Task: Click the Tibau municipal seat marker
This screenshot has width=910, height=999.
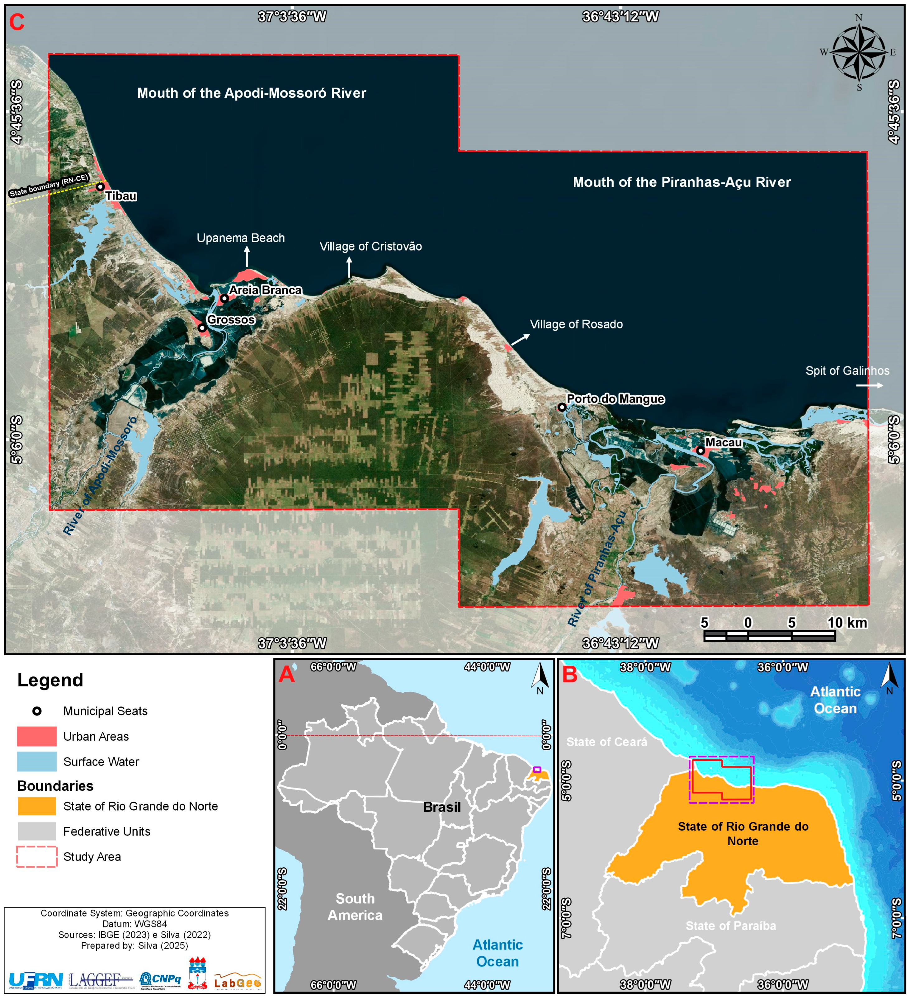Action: point(100,187)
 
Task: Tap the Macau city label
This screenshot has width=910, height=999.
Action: point(723,442)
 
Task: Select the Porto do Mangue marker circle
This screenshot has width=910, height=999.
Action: point(562,407)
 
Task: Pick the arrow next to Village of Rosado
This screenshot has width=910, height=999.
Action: point(520,339)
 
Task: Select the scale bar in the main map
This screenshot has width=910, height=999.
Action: point(769,635)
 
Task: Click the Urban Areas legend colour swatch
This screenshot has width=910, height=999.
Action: point(37,736)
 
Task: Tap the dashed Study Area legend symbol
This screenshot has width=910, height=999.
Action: point(37,857)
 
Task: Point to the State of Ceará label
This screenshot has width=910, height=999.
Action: point(607,742)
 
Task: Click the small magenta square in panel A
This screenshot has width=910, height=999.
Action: point(537,770)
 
